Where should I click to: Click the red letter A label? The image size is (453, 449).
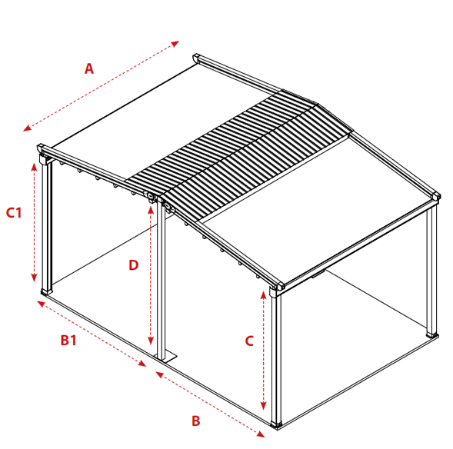[x=89, y=68]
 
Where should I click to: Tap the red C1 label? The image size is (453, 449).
[x=14, y=213]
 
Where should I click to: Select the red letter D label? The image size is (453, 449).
[x=134, y=265]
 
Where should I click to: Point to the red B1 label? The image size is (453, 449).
[x=68, y=340]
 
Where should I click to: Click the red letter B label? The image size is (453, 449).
[x=196, y=421]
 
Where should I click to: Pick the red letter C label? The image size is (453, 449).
[x=249, y=341]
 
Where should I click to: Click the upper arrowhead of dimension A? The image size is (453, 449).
[x=175, y=44]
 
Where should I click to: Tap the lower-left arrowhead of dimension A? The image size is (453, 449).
[x=27, y=128]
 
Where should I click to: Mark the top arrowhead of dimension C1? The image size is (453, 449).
[x=35, y=167]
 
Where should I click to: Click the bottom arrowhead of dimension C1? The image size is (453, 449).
[x=34, y=278]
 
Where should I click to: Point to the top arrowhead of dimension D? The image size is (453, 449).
[x=151, y=211]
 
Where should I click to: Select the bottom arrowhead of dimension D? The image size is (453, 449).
[x=150, y=341]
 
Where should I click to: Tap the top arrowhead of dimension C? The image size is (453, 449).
[x=263, y=295]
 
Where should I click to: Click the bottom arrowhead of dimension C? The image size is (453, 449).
[x=263, y=405]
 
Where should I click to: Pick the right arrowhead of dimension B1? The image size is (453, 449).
[x=142, y=364]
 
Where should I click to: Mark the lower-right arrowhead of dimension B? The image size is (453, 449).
[x=261, y=434]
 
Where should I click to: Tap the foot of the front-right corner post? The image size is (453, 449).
[x=276, y=424]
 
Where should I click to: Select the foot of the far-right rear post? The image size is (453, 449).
[x=432, y=335]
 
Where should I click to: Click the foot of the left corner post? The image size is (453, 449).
[x=46, y=291]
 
